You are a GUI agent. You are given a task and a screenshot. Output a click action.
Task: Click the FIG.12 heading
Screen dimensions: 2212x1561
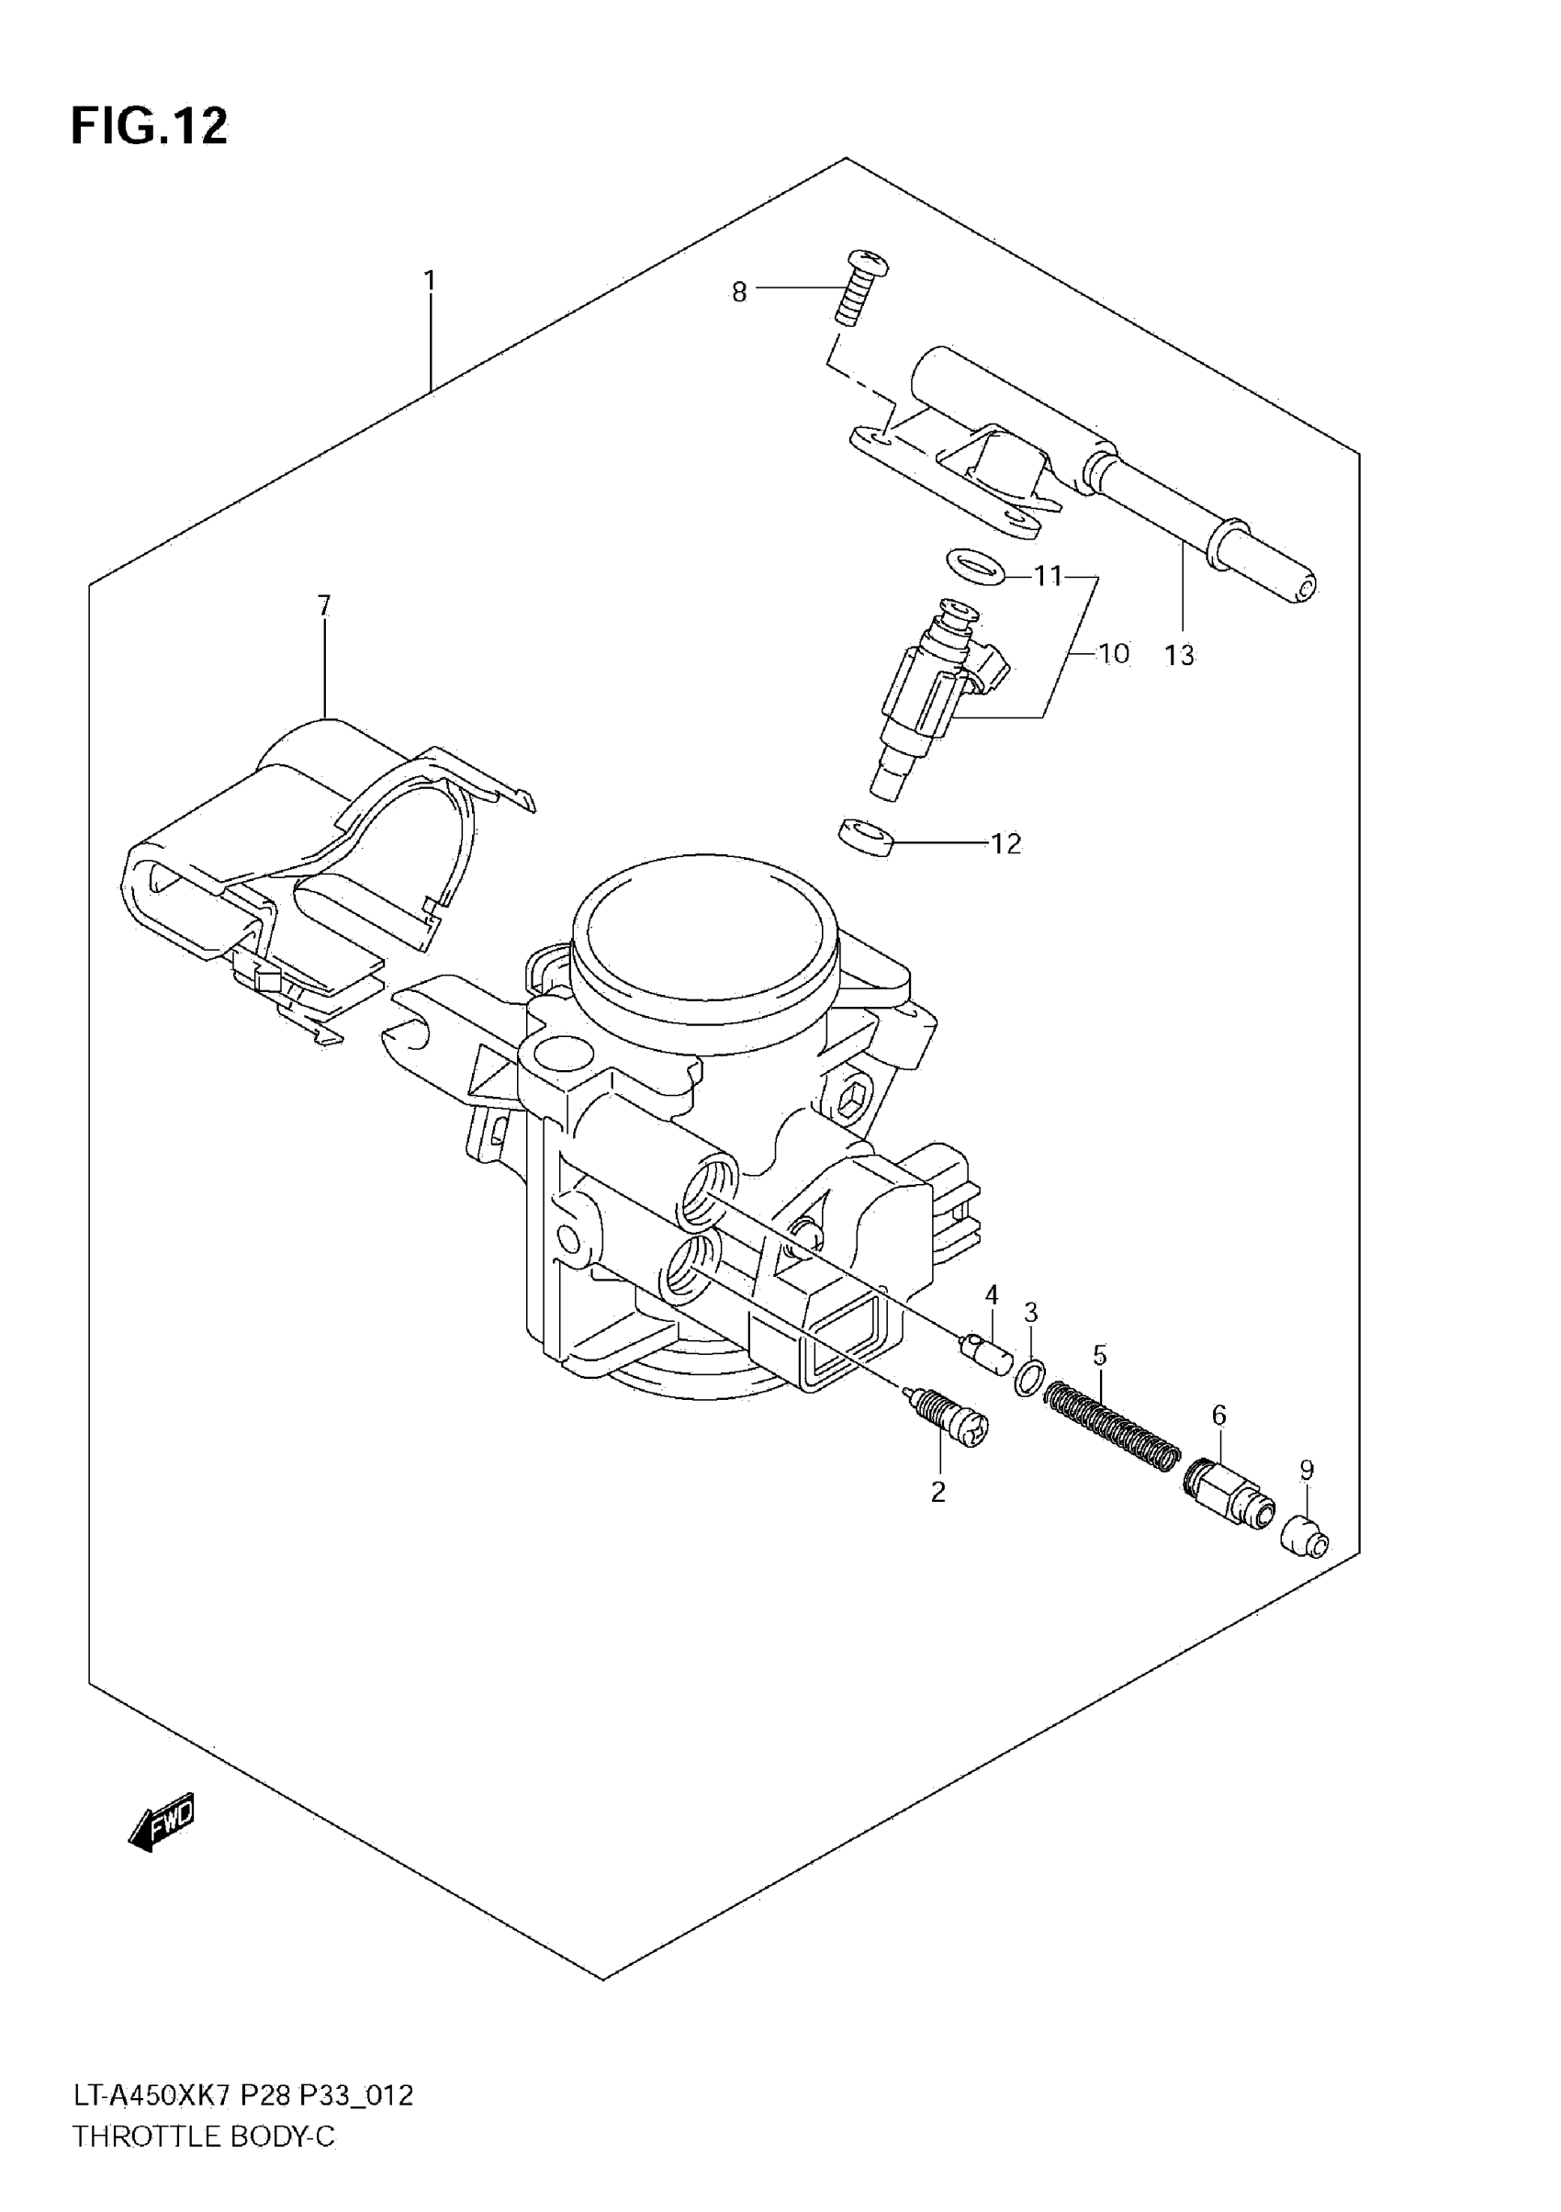150,126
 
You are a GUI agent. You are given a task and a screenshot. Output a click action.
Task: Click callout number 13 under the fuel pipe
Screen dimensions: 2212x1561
1179,656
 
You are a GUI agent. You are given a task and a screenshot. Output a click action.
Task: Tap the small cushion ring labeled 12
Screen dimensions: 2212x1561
865,834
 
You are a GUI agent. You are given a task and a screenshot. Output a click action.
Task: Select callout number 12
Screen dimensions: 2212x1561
1005,844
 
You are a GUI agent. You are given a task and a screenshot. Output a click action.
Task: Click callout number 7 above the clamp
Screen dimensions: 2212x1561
323,606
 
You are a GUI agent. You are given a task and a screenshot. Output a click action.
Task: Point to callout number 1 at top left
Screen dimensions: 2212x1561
430,281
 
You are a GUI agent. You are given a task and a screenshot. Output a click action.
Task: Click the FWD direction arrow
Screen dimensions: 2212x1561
161,1820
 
